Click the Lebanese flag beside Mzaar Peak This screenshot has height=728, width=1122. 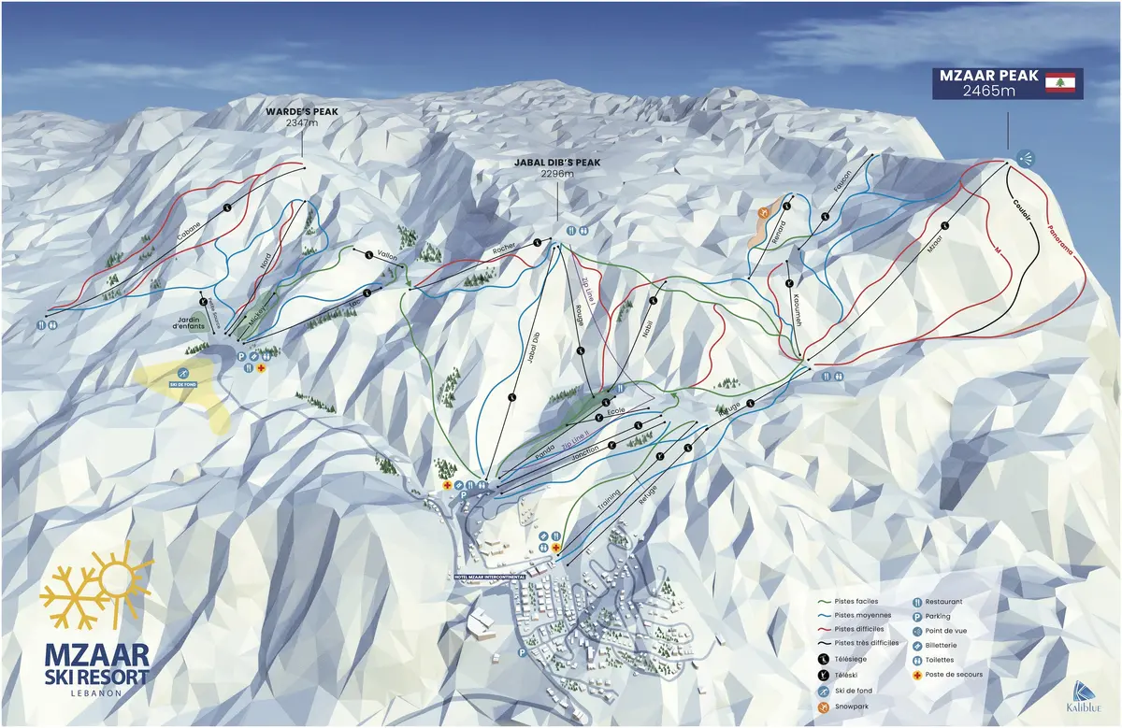tap(1061, 83)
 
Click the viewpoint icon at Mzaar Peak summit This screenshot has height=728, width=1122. tap(1026, 158)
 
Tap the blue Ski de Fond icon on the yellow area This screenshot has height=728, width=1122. tap(179, 375)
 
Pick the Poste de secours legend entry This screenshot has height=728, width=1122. tap(950, 674)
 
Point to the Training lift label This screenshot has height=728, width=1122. tap(609, 506)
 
